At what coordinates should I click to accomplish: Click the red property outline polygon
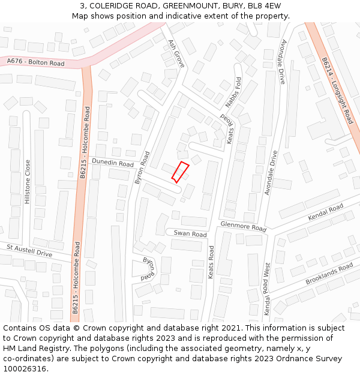coord(180,172)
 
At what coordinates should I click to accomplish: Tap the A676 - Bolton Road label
coord(35,62)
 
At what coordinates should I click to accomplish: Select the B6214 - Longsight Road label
coord(336,91)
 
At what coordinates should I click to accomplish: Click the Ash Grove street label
coord(176,54)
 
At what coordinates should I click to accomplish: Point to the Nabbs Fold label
coord(233,94)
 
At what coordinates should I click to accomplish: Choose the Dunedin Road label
coord(112,163)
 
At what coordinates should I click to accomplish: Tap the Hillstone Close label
coord(27,181)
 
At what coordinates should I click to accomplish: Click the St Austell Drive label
coord(29,250)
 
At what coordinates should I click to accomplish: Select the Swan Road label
coord(190,234)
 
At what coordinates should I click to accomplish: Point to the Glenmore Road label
coord(242,226)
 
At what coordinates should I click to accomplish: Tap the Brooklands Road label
coord(329,273)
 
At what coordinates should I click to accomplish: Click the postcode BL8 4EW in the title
coord(265,6)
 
